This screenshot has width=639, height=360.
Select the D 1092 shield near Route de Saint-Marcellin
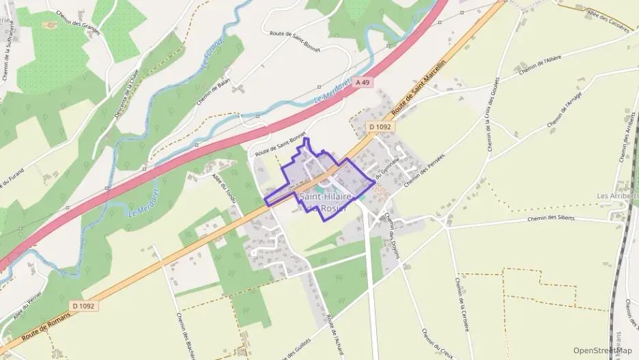[x=382, y=126]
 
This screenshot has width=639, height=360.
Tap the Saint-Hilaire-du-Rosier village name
[x=326, y=202]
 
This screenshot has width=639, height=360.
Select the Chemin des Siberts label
[x=552, y=219]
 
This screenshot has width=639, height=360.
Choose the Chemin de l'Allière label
[x=539, y=66]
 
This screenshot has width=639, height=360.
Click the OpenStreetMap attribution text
[x=603, y=350]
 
